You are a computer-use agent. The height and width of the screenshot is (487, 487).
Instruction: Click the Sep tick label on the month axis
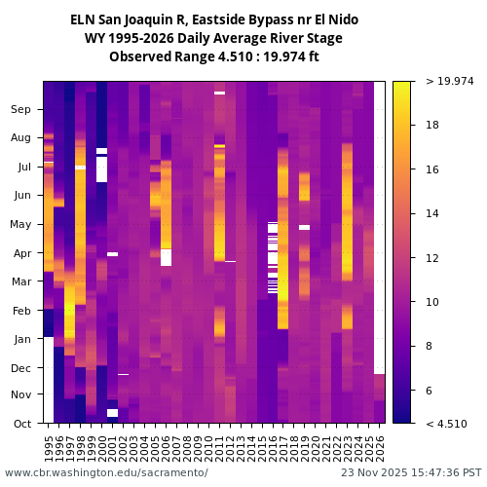[x=21, y=110]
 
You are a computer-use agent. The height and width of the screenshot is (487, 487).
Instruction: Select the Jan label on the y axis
[x=21, y=339]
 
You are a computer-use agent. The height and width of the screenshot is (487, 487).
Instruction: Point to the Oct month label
[x=21, y=424]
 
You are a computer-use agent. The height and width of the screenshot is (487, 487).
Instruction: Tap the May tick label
[x=21, y=225]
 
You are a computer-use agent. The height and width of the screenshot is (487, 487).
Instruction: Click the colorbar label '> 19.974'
[x=447, y=82]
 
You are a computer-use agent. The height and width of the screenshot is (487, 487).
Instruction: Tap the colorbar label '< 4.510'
[x=446, y=424]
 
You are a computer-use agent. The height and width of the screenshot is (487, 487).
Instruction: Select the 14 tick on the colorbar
[x=432, y=213]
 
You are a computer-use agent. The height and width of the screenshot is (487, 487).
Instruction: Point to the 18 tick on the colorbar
[x=432, y=125]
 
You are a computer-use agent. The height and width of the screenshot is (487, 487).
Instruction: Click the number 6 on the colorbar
[x=430, y=391]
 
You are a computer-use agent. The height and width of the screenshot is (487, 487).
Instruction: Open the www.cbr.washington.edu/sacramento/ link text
[x=106, y=472]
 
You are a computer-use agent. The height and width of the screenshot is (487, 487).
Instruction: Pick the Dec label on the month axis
[x=21, y=368]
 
